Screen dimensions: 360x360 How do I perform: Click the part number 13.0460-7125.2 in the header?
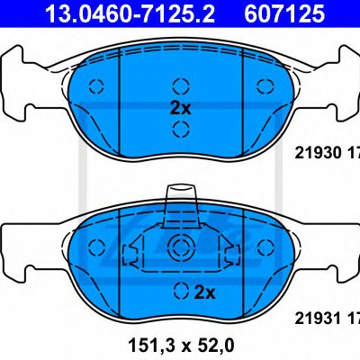tap(130, 13)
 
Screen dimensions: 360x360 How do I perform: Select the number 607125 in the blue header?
tap(284, 13)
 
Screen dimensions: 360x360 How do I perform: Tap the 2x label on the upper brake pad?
tap(180, 108)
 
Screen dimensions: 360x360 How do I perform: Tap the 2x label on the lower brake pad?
tap(205, 292)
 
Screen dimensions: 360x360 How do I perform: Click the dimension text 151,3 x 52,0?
tap(181, 346)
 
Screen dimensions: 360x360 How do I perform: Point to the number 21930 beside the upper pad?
tap(319, 153)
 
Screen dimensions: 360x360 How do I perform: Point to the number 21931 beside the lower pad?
tap(319, 318)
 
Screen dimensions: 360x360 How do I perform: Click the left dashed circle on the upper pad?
tap(96, 86)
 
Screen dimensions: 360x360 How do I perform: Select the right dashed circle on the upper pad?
tap(265, 86)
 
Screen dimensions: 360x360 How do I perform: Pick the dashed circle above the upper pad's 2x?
tap(181, 86)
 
